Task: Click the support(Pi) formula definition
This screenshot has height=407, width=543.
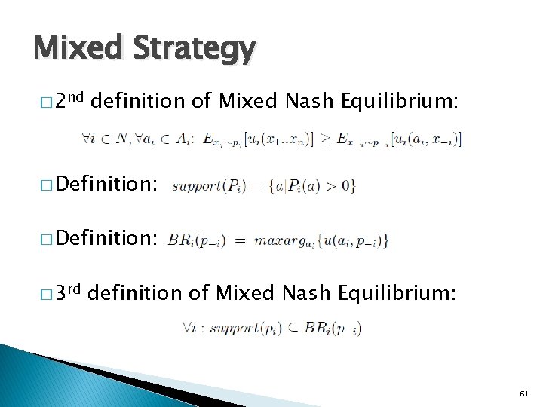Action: pyautogui.click(x=263, y=185)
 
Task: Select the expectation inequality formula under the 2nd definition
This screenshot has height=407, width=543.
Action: pyautogui.click(x=271, y=139)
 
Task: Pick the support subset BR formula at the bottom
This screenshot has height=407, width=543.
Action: pyautogui.click(x=271, y=328)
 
